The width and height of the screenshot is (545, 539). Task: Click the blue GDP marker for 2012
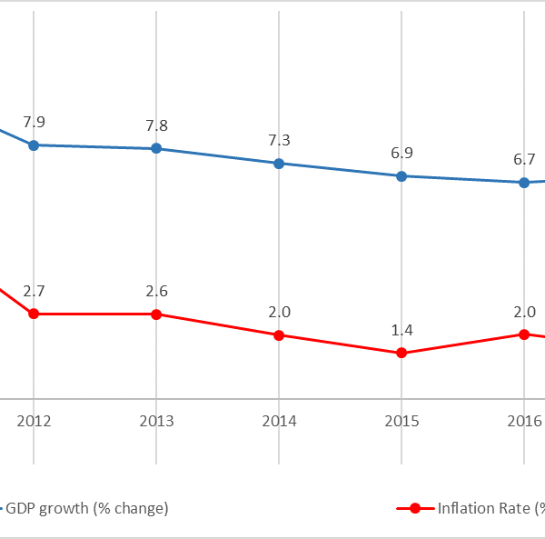(34, 145)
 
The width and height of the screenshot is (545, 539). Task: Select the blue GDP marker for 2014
(279, 164)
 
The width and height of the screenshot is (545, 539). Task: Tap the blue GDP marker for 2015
(401, 175)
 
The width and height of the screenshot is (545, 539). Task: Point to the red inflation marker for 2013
(156, 314)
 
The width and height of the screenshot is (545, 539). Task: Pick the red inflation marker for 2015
(401, 353)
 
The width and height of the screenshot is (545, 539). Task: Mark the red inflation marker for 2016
(524, 334)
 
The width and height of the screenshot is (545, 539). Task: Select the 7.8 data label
(156, 126)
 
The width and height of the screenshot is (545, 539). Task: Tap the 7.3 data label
(279, 141)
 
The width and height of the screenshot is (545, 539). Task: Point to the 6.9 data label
(401, 154)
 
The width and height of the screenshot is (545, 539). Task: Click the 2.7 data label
(34, 292)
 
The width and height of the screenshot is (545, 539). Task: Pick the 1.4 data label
(401, 330)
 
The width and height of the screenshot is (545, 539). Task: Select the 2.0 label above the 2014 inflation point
(279, 313)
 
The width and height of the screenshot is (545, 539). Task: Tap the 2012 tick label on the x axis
(34, 421)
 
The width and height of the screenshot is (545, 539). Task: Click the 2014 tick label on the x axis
(279, 421)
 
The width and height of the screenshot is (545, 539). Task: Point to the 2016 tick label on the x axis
(524, 421)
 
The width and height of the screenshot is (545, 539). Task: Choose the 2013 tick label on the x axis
(156, 421)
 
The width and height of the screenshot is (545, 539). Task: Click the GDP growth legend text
(87, 508)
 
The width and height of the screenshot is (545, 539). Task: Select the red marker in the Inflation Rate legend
(415, 508)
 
